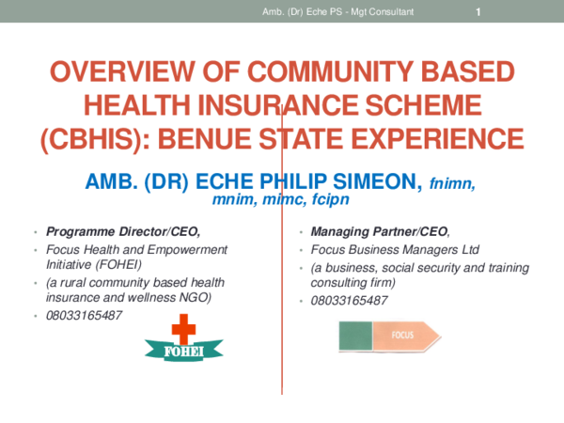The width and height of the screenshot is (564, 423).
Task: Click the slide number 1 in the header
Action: pos(478,11)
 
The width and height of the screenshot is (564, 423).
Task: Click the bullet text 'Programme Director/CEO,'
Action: pos(123,231)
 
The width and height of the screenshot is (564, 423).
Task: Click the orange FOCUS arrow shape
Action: pos(406,335)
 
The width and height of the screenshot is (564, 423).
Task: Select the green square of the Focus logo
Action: pos(354,335)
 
